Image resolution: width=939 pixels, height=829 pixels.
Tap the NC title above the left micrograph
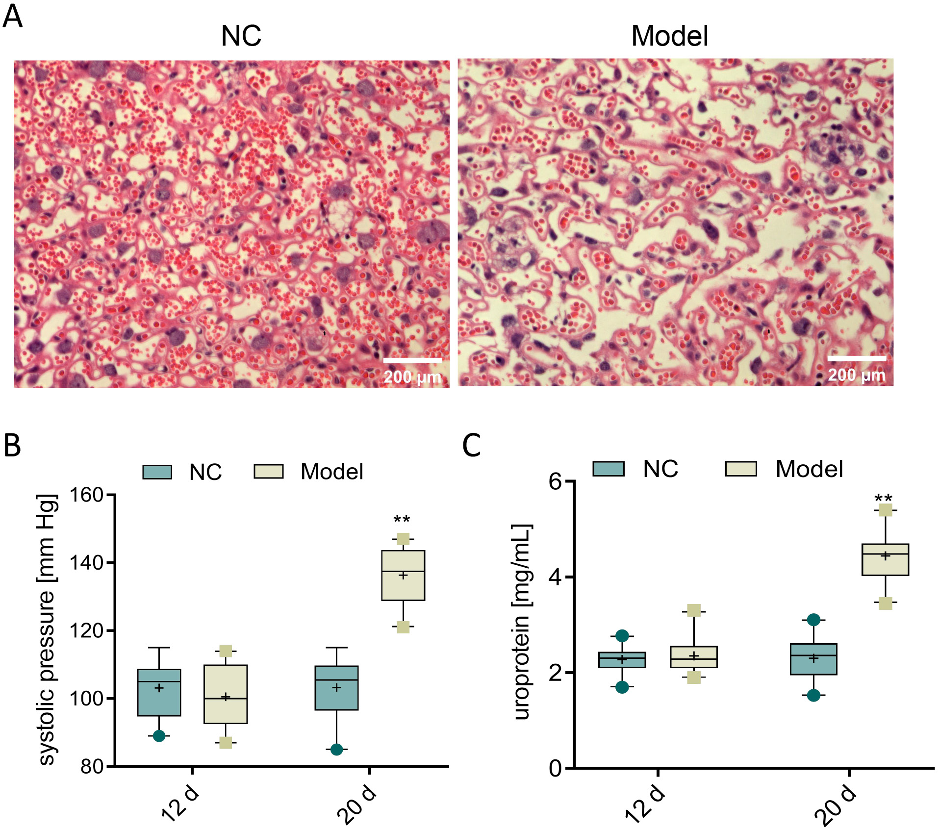(x=241, y=36)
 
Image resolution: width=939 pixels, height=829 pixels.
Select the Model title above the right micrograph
(x=669, y=36)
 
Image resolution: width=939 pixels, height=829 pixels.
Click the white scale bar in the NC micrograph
(x=412, y=361)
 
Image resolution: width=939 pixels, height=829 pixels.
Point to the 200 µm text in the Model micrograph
(x=857, y=376)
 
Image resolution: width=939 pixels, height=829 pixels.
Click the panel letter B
(x=12, y=445)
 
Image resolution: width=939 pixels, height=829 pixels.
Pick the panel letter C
(x=471, y=445)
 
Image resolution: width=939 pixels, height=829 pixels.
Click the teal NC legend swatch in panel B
(x=157, y=472)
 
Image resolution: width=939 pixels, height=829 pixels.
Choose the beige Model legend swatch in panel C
(x=740, y=469)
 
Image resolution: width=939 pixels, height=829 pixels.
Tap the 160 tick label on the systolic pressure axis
(x=86, y=495)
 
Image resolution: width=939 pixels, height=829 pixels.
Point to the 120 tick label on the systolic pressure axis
(x=86, y=630)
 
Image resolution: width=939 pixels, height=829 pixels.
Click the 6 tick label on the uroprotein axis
(x=555, y=481)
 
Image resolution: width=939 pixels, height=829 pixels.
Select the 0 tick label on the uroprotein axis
(x=555, y=768)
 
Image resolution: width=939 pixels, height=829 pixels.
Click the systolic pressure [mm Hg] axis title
(x=47, y=629)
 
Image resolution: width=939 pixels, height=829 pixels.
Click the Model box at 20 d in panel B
(x=403, y=575)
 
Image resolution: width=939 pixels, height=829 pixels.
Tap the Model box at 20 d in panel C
(x=885, y=559)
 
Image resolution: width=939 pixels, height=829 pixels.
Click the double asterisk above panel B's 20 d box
(x=402, y=520)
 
